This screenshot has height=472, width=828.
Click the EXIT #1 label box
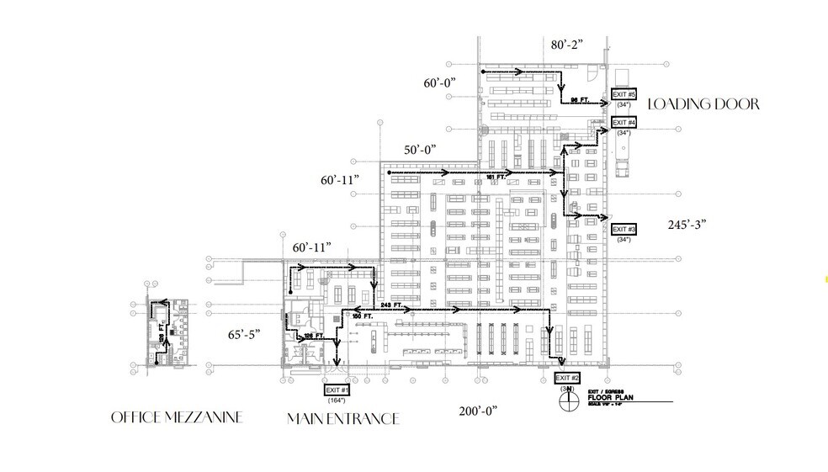point(337,390)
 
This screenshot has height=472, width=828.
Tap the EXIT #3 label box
point(624,229)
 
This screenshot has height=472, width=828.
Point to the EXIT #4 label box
point(624,123)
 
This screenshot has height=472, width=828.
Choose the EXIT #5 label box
point(624,93)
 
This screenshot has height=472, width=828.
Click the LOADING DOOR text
point(703,104)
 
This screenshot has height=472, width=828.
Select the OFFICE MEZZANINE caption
point(177,417)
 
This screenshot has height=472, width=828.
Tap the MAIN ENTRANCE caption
point(342,418)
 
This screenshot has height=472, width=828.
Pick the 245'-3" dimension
point(686,224)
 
